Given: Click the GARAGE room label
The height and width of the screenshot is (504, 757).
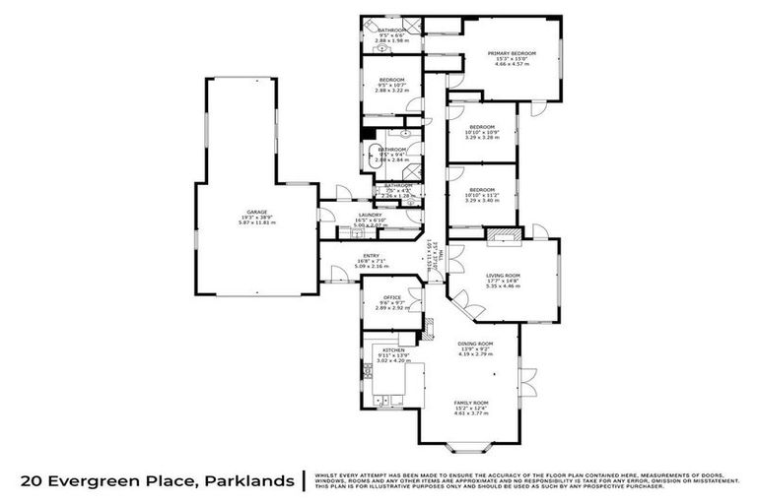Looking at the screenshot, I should (x=256, y=213).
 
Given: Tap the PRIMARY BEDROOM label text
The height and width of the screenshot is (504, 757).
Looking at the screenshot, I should (x=515, y=52).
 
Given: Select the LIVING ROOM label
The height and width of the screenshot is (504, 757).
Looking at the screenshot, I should (x=503, y=276).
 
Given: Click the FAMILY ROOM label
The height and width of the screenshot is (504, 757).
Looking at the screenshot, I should (x=471, y=404).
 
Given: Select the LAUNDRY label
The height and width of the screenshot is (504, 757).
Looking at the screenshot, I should (x=370, y=215).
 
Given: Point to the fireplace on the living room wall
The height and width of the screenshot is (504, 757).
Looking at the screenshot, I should (x=505, y=234).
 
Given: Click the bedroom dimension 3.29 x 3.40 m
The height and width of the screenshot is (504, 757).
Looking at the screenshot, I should (x=482, y=201).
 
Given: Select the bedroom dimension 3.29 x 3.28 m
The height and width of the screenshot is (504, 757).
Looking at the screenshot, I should (x=482, y=137).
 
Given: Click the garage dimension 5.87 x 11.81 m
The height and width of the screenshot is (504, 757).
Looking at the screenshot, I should (x=256, y=222).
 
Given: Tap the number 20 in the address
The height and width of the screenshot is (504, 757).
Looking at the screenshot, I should (x=34, y=481).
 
